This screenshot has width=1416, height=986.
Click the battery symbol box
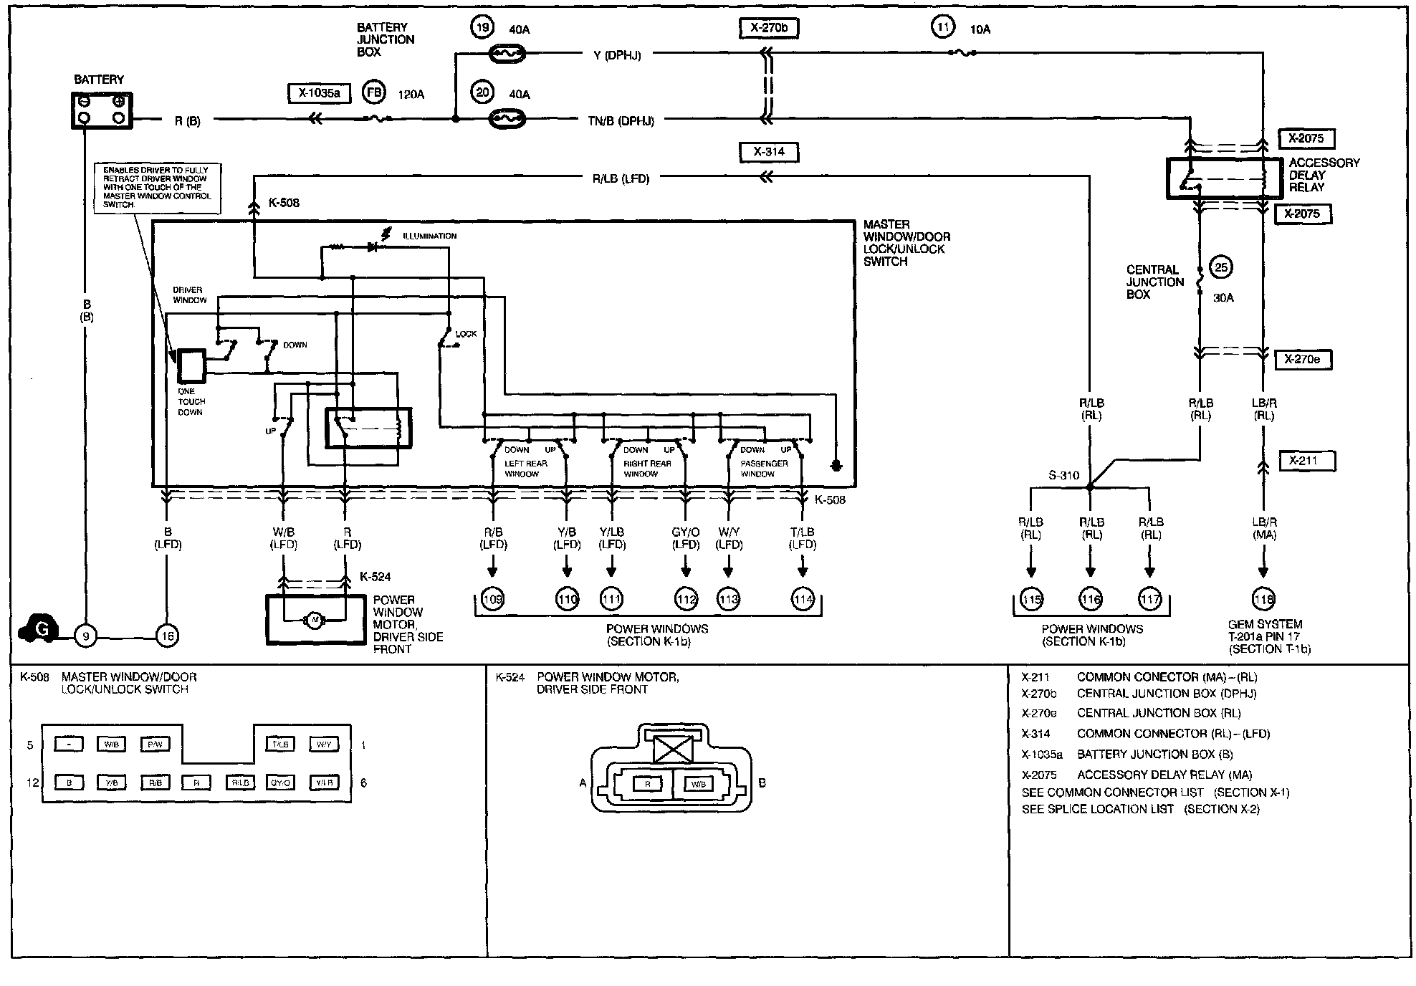pyautogui.click(x=102, y=111)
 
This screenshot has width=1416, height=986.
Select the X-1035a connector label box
pyautogui.click(x=319, y=93)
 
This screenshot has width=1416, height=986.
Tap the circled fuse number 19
pyautogui.click(x=482, y=28)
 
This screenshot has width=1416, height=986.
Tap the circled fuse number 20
pyautogui.click(x=482, y=92)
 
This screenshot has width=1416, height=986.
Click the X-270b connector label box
pyautogui.click(x=768, y=28)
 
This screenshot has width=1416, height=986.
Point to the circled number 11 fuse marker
pyautogui.click(x=943, y=28)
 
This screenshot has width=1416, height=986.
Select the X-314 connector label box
pyautogui.click(x=768, y=152)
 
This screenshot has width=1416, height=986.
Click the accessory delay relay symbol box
pyautogui.click(x=1224, y=178)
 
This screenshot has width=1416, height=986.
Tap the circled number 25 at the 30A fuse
pyautogui.click(x=1221, y=268)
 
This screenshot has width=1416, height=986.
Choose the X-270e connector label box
pyautogui.click(x=1303, y=359)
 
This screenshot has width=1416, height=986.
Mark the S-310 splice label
pyautogui.click(x=1063, y=475)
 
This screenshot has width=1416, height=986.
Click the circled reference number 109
pyautogui.click(x=492, y=599)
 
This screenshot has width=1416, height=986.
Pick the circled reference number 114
pyautogui.click(x=803, y=599)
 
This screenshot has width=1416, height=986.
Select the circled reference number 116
pyautogui.click(x=1091, y=599)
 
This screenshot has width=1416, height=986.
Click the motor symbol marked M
pyautogui.click(x=313, y=619)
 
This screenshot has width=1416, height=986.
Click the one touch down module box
pyautogui.click(x=191, y=366)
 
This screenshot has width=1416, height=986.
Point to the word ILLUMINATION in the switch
pyautogui.click(x=429, y=236)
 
